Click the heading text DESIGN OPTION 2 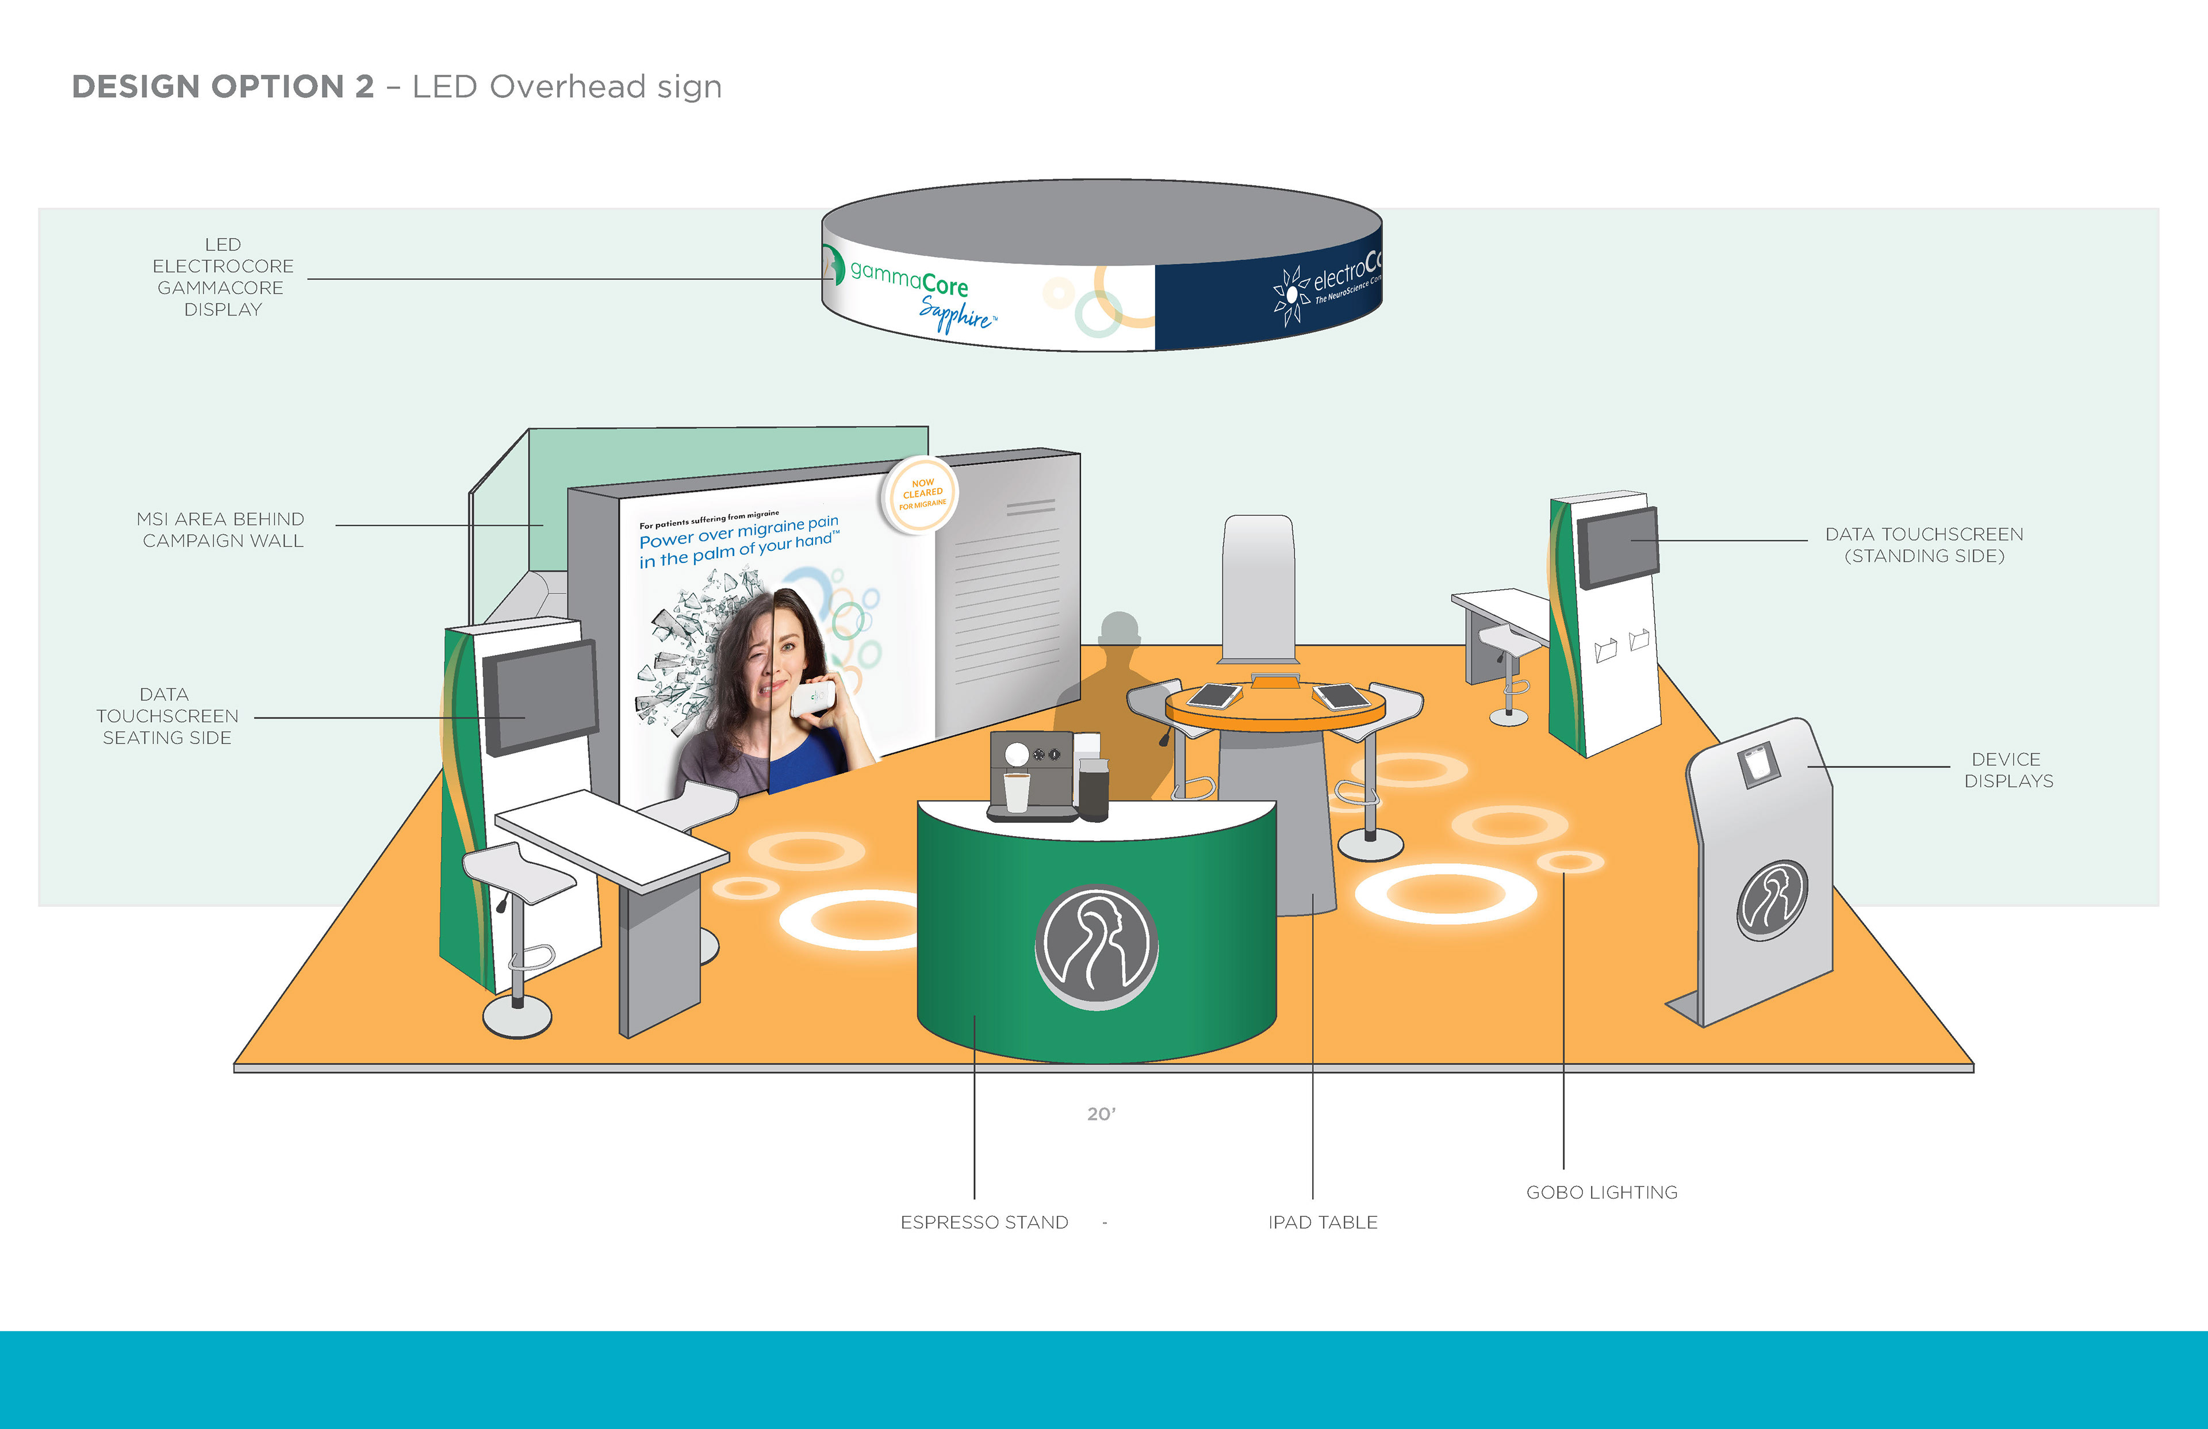point(223,86)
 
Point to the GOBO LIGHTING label point(1601,1193)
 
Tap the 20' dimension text point(1101,1113)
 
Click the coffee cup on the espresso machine point(1017,792)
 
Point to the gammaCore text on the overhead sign point(908,278)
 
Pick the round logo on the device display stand point(1772,900)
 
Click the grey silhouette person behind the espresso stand point(1118,668)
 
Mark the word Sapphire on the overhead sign point(956,313)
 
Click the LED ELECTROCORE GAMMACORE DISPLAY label point(223,277)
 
